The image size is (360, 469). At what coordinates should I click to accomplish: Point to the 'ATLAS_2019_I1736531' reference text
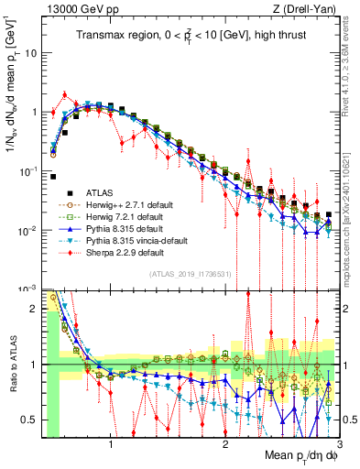[189, 274]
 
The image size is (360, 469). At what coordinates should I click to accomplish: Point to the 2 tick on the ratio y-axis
[37, 309]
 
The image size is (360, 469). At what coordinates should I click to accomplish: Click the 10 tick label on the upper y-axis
[32, 52]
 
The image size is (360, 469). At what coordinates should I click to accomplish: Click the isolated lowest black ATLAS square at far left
[53, 177]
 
